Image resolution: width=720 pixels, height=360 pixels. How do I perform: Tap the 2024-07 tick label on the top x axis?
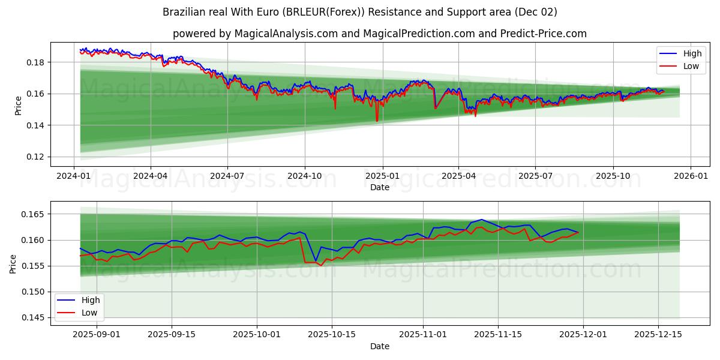pyautogui.click(x=227, y=176)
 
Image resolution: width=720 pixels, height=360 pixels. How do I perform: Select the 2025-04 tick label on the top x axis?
pyautogui.click(x=458, y=176)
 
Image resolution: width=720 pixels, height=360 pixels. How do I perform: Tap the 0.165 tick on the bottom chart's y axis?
pyautogui.click(x=34, y=214)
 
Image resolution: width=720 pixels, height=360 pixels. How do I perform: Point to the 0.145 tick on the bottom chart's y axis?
pyautogui.click(x=34, y=317)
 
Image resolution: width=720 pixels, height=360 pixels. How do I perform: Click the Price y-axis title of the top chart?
pyautogui.click(x=19, y=106)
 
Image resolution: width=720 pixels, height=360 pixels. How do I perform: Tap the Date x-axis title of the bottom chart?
pyautogui.click(x=379, y=346)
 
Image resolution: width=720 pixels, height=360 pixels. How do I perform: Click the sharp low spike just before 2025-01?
pyautogui.click(x=377, y=121)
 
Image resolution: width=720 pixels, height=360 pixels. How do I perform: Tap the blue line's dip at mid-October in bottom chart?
pyautogui.click(x=316, y=261)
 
